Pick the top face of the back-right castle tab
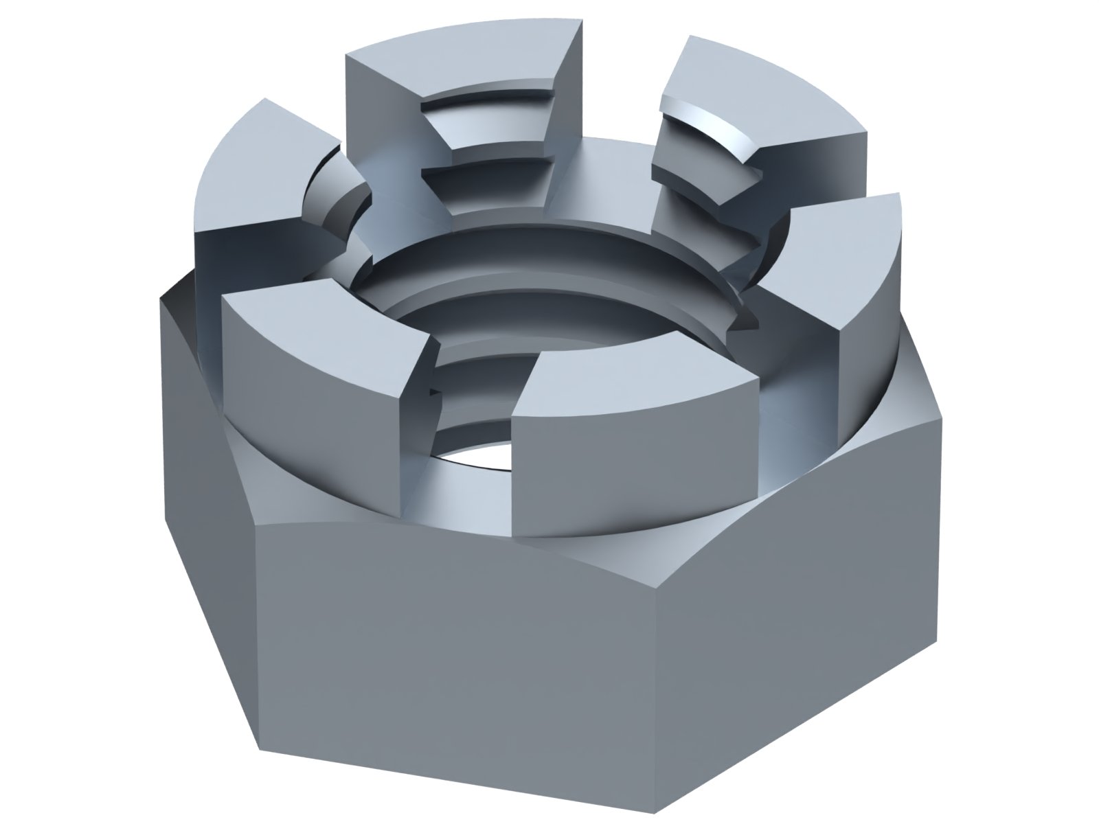coord(762,89)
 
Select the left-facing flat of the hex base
coord(206,439)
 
